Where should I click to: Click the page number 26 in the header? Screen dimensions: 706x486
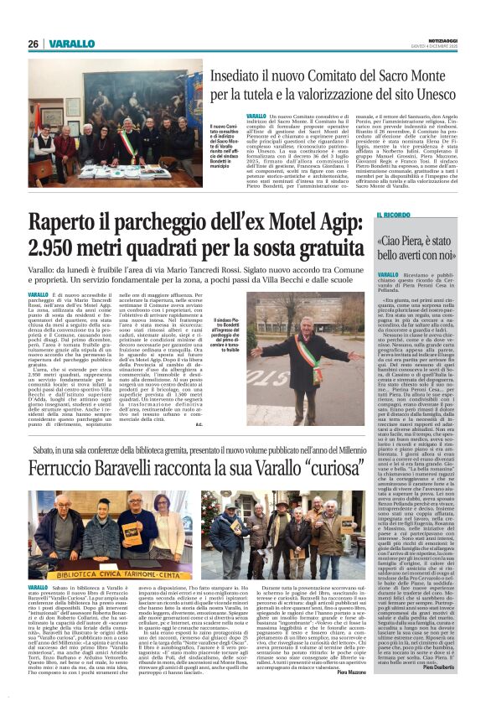point(33,43)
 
